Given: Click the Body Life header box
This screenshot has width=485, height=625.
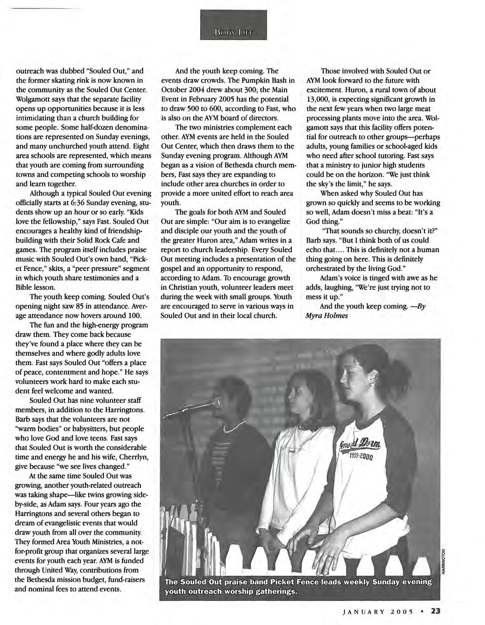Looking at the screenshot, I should (x=233, y=24).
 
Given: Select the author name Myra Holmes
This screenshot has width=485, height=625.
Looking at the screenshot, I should (x=326, y=315).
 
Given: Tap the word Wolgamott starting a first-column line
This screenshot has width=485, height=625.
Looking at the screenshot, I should (x=33, y=99).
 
